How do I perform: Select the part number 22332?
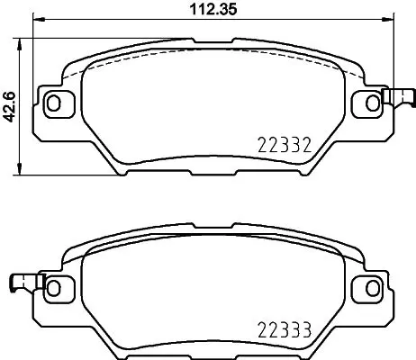(x=285, y=145)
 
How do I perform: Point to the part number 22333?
(x=284, y=330)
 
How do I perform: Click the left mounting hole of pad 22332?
(x=53, y=103)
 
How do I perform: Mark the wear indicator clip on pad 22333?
(x=22, y=283)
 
